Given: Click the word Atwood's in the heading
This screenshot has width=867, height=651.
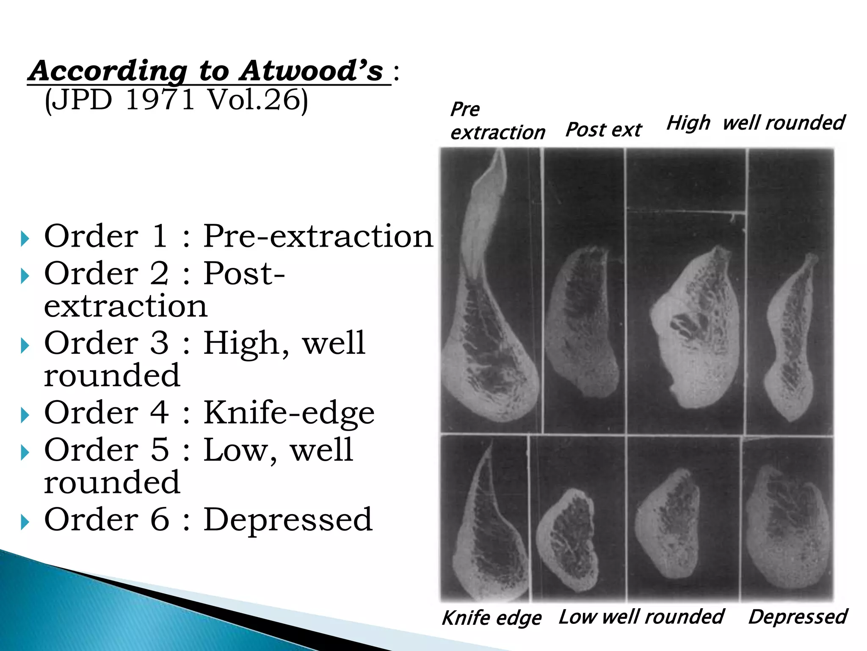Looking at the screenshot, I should pyautogui.click(x=311, y=71).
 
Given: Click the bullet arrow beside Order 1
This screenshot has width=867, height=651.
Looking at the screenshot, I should pyautogui.click(x=25, y=239).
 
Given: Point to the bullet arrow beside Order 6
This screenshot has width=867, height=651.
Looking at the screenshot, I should pyautogui.click(x=25, y=522).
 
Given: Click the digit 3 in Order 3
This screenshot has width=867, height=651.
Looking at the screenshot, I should pyautogui.click(x=159, y=343).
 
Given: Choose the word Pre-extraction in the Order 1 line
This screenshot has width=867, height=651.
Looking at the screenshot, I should pyautogui.click(x=318, y=236).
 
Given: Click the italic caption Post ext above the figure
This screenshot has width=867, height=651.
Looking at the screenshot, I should pyautogui.click(x=604, y=130).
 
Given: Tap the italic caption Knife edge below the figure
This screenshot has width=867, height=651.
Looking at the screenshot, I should pyautogui.click(x=491, y=618).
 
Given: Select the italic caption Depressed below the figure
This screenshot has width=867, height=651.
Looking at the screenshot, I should pyautogui.click(x=798, y=617).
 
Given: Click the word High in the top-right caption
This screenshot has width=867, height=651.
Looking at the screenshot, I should pyautogui.click(x=688, y=123).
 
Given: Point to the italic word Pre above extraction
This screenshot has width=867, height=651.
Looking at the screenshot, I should pyautogui.click(x=465, y=109).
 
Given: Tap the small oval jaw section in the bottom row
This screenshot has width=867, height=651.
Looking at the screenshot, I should pyautogui.click(x=567, y=540).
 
